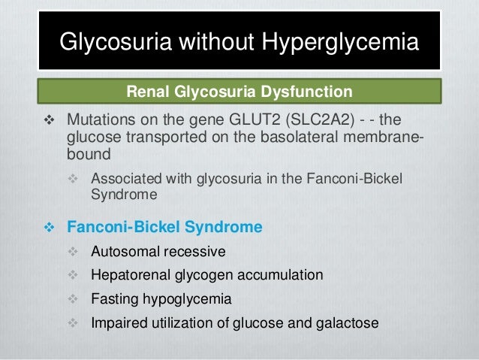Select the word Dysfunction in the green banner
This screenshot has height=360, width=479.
306,93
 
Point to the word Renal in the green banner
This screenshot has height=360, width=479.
146,93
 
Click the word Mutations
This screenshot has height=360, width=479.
98,121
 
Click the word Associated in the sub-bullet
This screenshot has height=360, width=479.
124,179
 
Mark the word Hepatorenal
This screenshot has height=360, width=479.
129,275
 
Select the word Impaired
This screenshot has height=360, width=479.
116,323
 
